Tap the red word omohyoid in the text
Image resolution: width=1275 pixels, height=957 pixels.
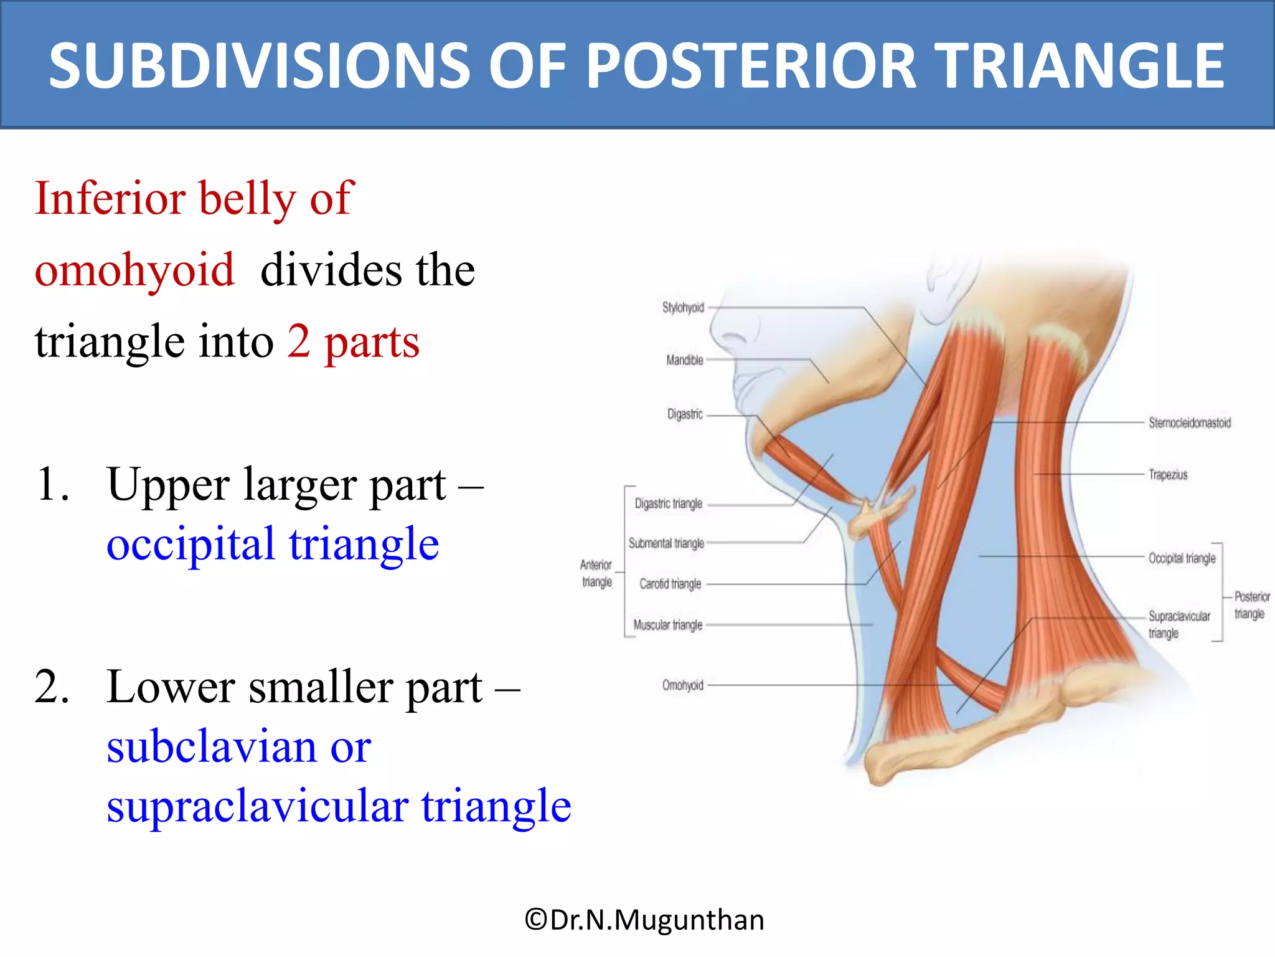134,270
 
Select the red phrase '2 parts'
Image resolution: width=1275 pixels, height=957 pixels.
353,341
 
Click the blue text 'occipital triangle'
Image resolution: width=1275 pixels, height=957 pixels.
273,544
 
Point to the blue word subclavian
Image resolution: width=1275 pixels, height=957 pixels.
212,746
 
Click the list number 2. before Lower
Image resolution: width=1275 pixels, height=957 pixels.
52,687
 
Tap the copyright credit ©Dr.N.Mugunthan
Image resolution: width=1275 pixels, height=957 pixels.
644,920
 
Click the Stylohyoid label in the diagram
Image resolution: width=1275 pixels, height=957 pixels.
683,307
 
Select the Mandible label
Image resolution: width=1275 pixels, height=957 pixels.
684,360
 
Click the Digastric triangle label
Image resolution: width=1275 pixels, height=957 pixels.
668,503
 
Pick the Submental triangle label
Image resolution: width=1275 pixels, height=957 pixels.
666,543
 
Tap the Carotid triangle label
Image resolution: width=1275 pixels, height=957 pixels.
670,584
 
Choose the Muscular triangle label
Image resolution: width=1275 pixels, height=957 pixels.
667,625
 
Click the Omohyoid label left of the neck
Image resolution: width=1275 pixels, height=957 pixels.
682,685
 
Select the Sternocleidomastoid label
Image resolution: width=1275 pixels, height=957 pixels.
1189,423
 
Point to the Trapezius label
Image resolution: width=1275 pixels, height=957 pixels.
1168,475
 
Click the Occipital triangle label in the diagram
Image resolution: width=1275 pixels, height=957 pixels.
1182,558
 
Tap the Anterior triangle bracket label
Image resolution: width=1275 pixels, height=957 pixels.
596,573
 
